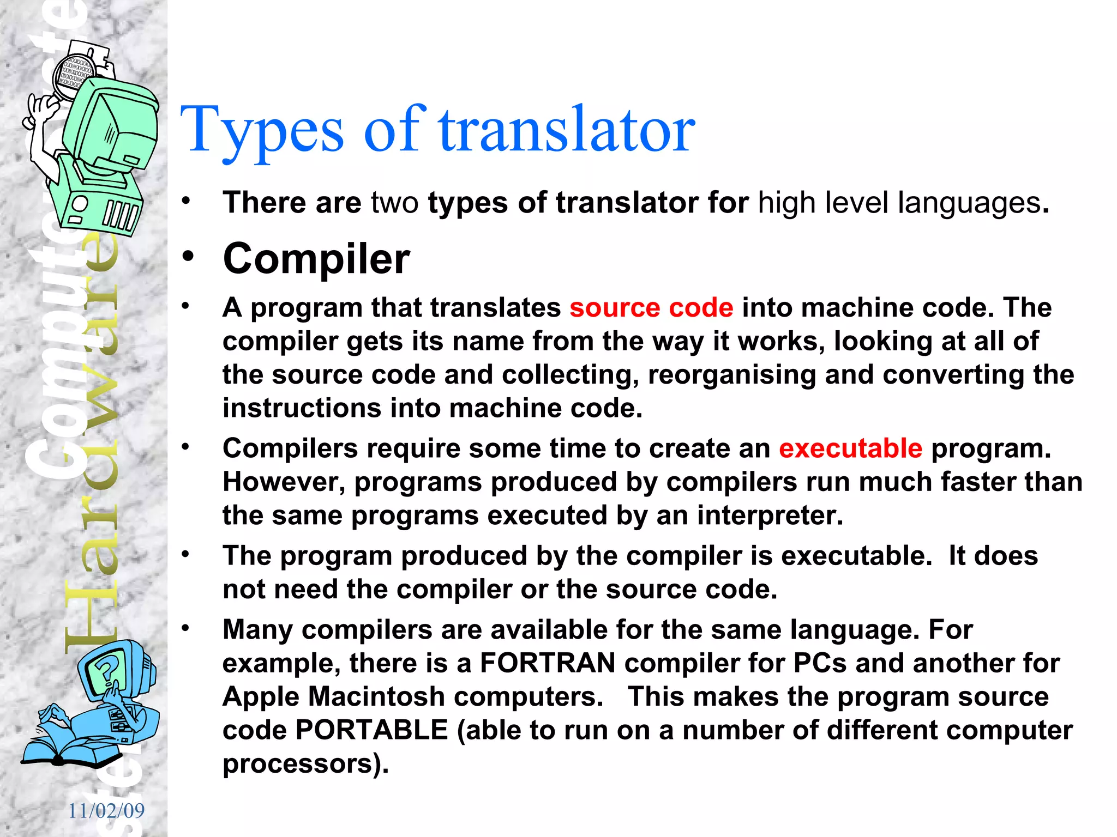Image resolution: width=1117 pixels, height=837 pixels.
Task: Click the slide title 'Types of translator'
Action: coord(437,130)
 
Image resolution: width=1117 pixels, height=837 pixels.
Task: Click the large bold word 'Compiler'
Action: coord(316,259)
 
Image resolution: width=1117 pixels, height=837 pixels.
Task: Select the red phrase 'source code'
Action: coord(651,308)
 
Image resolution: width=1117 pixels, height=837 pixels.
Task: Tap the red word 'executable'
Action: coord(850,448)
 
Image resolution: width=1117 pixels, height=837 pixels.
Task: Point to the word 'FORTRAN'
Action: coord(548,663)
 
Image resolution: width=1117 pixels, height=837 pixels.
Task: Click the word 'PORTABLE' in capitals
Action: coord(371,730)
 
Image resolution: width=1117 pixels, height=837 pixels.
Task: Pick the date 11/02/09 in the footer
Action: coord(106,811)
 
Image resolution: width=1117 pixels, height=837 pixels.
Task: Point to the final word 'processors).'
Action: coord(305,764)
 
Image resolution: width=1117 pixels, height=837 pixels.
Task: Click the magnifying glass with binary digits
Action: coord(74,76)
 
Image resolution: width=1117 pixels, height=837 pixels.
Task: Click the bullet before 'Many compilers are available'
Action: coord(186,628)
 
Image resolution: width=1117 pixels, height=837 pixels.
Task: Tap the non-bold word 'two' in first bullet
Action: coord(394,203)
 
